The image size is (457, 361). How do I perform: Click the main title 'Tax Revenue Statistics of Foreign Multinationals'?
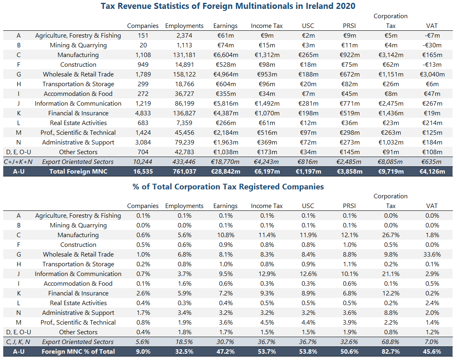[228, 6]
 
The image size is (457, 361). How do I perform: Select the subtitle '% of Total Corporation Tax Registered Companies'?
[228, 187]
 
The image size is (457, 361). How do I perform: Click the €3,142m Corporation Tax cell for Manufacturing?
[391, 55]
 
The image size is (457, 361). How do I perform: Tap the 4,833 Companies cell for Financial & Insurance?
[142, 113]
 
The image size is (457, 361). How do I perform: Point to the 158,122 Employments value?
[184, 74]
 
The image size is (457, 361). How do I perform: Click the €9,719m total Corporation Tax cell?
[391, 172]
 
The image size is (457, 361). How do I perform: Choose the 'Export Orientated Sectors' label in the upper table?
[78, 162]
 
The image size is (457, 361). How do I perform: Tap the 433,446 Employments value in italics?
[184, 162]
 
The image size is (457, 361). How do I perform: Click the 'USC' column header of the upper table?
[308, 26]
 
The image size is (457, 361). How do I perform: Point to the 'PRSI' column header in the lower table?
[349, 206]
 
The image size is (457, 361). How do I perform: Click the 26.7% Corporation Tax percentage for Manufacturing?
[391, 235]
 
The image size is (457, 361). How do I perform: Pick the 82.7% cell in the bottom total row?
[391, 352]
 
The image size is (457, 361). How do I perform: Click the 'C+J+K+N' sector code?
[19, 162]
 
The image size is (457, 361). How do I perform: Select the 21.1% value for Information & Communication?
[391, 274]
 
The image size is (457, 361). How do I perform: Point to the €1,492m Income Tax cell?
[266, 104]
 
